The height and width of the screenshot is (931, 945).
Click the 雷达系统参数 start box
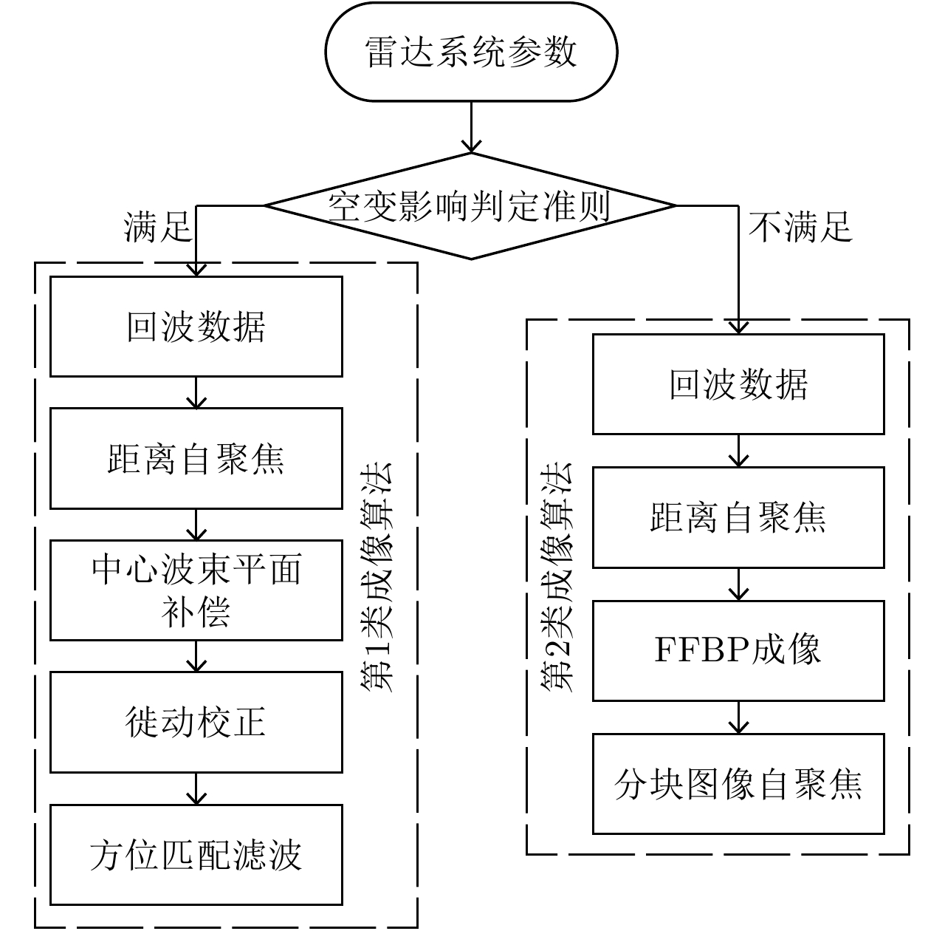(471, 52)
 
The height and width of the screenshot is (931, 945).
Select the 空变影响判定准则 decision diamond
(471, 206)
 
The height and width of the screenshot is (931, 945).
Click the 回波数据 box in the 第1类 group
(196, 327)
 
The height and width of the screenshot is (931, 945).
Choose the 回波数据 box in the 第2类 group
(738, 384)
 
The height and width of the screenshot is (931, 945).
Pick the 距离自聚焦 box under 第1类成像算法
(196, 459)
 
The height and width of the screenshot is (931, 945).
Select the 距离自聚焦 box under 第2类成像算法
(738, 517)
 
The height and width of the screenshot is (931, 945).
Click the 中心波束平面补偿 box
(196, 590)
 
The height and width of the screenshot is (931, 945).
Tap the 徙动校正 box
(196, 722)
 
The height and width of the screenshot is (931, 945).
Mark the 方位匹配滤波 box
(196, 854)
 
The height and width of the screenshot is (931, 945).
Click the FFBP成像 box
(738, 650)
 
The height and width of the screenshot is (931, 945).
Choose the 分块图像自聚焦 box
(738, 783)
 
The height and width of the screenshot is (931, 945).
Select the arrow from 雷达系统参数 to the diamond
(471, 127)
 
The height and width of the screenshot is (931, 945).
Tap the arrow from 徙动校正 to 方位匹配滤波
(196, 788)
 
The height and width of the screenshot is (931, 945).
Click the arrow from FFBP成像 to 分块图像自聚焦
(738, 717)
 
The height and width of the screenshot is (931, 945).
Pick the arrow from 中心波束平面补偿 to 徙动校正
(196, 656)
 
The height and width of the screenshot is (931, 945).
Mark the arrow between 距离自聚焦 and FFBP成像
(738, 584)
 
